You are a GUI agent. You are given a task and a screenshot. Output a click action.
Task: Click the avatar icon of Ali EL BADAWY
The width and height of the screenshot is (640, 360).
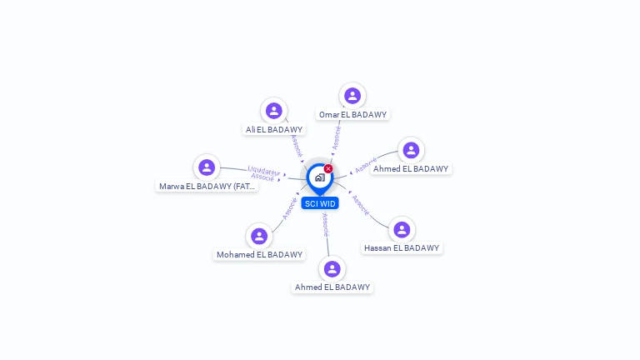pyautogui.click(x=273, y=111)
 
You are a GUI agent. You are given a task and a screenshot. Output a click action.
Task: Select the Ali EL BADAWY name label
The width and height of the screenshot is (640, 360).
pyautogui.click(x=274, y=129)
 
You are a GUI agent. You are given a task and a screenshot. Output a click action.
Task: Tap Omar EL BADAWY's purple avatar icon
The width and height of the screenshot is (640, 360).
pyautogui.click(x=352, y=96)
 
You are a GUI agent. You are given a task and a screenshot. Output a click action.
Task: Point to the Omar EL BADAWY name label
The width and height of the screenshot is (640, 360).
pyautogui.click(x=352, y=114)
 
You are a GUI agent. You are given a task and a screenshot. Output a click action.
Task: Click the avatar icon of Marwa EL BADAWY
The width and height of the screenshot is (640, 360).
pyautogui.click(x=207, y=167)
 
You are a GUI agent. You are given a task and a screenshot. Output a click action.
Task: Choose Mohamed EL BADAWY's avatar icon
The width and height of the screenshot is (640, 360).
pyautogui.click(x=259, y=236)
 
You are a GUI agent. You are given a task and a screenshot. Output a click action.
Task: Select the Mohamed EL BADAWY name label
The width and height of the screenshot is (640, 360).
pyautogui.click(x=260, y=254)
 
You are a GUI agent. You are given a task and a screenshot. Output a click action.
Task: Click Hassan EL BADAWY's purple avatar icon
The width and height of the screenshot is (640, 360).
pyautogui.click(x=402, y=229)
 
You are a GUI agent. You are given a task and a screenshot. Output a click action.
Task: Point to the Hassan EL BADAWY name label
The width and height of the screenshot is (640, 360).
pyautogui.click(x=402, y=247)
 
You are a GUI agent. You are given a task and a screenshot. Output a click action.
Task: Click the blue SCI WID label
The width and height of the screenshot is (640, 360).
pyautogui.click(x=320, y=203)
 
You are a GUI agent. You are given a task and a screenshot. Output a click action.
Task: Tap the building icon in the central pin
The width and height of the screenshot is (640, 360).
pyautogui.click(x=319, y=177)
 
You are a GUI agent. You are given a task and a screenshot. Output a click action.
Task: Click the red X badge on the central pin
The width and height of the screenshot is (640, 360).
pyautogui.click(x=328, y=168)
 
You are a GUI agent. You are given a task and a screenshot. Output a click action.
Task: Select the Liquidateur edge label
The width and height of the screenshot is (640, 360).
pyautogui.click(x=263, y=170)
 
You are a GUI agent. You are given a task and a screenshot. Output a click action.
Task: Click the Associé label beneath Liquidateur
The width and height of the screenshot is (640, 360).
pyautogui.click(x=262, y=177)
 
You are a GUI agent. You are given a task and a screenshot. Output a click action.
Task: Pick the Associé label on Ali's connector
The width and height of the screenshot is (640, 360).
pyautogui.click(x=297, y=145)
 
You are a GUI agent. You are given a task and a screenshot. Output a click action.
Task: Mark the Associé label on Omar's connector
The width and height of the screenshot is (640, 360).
pyautogui.click(x=337, y=137)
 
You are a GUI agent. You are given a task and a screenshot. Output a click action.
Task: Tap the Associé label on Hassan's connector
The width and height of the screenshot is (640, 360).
pyautogui.click(x=361, y=205)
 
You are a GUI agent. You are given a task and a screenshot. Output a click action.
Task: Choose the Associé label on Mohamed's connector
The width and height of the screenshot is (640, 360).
pyautogui.click(x=289, y=207)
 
